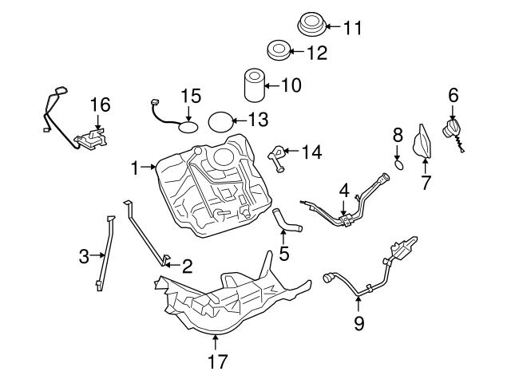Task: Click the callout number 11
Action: [x=353, y=28]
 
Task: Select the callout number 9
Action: [x=358, y=323]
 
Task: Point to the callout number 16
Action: [x=100, y=105]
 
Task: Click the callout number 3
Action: [x=84, y=256]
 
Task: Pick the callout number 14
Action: [x=312, y=152]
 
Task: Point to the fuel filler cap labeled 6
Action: [x=451, y=131]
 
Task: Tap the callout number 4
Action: [x=344, y=191]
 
